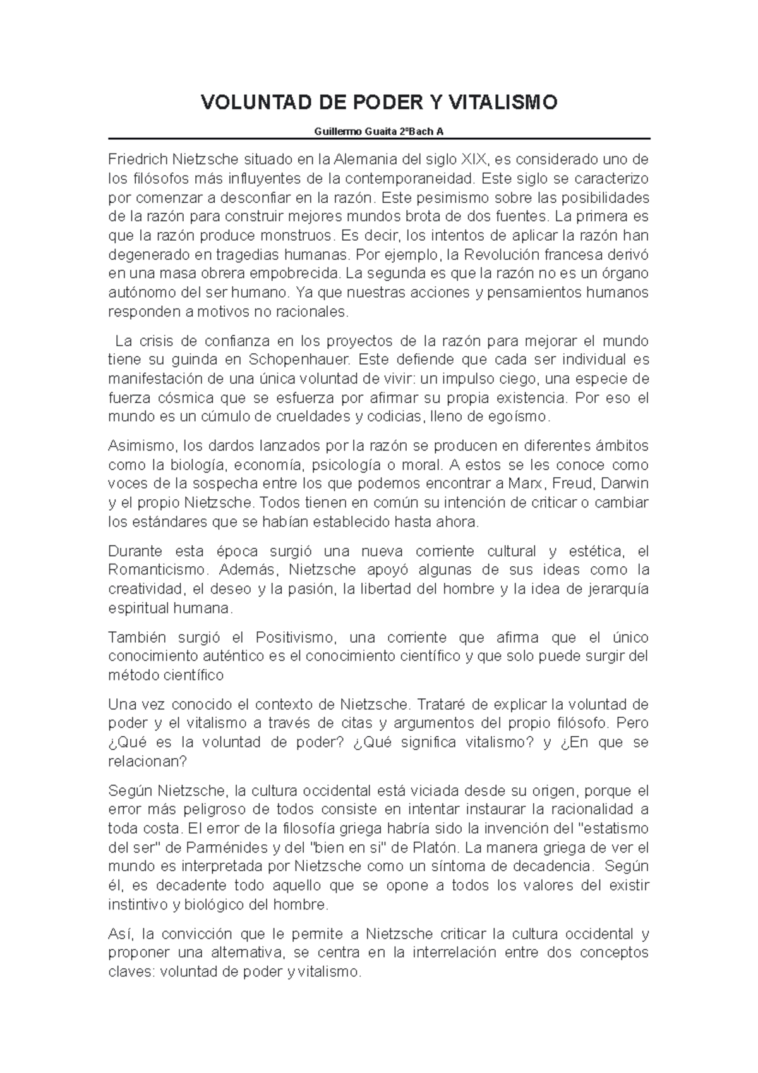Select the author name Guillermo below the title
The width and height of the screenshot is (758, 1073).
337,132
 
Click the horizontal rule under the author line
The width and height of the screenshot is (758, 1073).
379,138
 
